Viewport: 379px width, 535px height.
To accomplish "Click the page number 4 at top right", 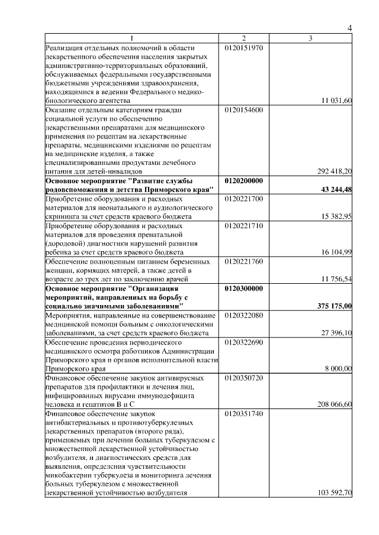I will coord(349,28).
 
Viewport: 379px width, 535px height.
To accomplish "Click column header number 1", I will coord(133,38).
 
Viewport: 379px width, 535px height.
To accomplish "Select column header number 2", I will coord(243,38).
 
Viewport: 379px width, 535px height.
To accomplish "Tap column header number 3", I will coord(310,38).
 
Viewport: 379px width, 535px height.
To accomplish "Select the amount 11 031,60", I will coord(336,101).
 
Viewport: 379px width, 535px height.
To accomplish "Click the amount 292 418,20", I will coord(335,171).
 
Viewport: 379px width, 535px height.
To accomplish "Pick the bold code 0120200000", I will coord(244,180).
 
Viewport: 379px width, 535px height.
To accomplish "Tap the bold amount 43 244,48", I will coord(336,189).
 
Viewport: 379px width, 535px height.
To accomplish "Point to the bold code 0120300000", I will coord(244,288).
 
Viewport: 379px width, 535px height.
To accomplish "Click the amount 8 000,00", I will coord(339,368).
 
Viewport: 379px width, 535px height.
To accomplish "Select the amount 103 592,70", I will coord(335,492).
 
